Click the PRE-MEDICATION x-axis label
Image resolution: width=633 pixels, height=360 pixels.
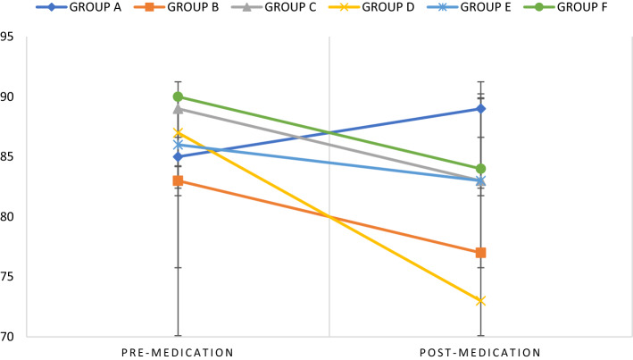[178, 352]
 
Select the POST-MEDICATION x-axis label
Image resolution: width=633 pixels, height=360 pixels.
[480, 352]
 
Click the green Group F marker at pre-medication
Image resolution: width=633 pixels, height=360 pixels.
[178, 96]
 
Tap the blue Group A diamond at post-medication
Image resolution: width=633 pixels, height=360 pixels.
[480, 109]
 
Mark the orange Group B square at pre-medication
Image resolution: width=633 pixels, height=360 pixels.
[178, 180]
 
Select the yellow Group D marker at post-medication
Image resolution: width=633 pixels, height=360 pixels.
[480, 301]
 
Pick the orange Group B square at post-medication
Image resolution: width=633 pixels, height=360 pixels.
[480, 253]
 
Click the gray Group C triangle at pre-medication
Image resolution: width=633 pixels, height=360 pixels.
[178, 109]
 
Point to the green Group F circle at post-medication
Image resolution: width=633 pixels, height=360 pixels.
[480, 169]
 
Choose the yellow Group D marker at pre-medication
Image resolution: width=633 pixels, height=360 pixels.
[178, 133]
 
